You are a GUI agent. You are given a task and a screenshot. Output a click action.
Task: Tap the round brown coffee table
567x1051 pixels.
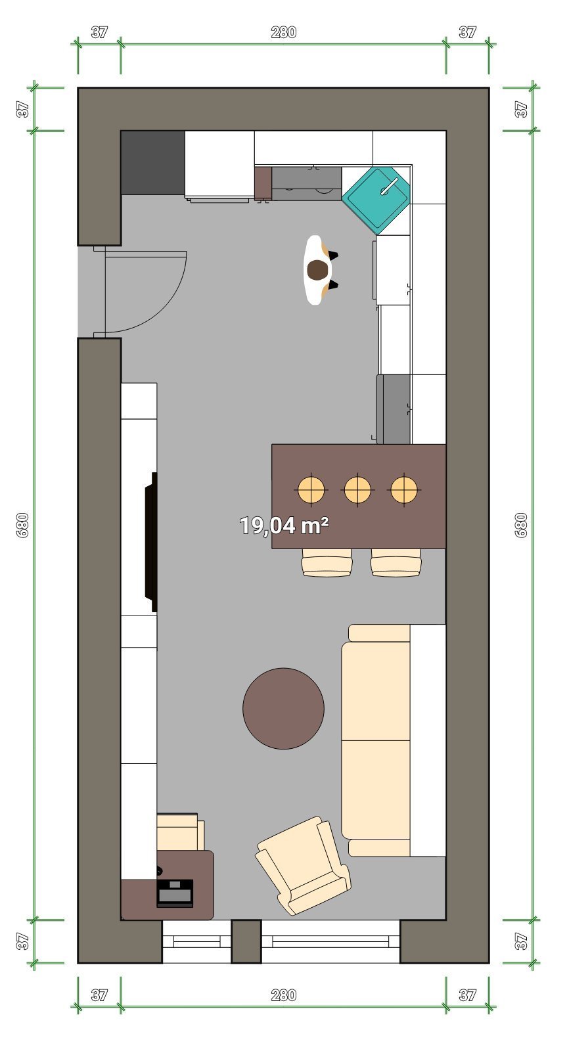pos(284,709)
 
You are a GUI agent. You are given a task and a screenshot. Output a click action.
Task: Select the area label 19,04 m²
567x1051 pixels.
pos(284,525)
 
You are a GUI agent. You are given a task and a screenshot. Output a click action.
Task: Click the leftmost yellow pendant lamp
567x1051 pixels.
pos(311,489)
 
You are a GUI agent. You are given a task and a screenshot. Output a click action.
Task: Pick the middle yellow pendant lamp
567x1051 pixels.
pos(357,489)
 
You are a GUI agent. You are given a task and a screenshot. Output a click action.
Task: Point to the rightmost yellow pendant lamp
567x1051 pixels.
pos(403,489)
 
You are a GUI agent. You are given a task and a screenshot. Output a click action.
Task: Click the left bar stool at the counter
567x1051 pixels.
pos(327,562)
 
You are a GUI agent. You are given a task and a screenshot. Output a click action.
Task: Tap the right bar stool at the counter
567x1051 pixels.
pos(396,562)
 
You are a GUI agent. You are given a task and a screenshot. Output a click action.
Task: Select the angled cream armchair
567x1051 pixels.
pos(304,865)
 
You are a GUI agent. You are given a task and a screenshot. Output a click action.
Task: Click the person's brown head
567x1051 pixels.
pos(318,270)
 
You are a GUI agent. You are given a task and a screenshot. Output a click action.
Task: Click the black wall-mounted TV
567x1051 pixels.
pos(152,542)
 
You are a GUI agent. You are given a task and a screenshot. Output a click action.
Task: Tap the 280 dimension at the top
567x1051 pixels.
pos(284,32)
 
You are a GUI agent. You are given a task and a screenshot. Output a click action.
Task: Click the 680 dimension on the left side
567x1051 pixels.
pos(22,525)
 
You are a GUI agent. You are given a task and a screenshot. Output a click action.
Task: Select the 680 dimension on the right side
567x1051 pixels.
pos(522,525)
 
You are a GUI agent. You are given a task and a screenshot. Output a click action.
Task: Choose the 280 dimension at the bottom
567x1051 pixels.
pos(284,995)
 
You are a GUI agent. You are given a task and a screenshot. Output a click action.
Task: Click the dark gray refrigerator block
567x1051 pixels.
pos(153,163)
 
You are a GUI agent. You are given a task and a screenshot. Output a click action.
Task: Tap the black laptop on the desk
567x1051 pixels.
pos(175,893)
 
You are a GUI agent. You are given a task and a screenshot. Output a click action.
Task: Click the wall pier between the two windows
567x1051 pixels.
pos(246,941)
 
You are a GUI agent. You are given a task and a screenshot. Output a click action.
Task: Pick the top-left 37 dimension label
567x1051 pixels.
pos(99,32)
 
